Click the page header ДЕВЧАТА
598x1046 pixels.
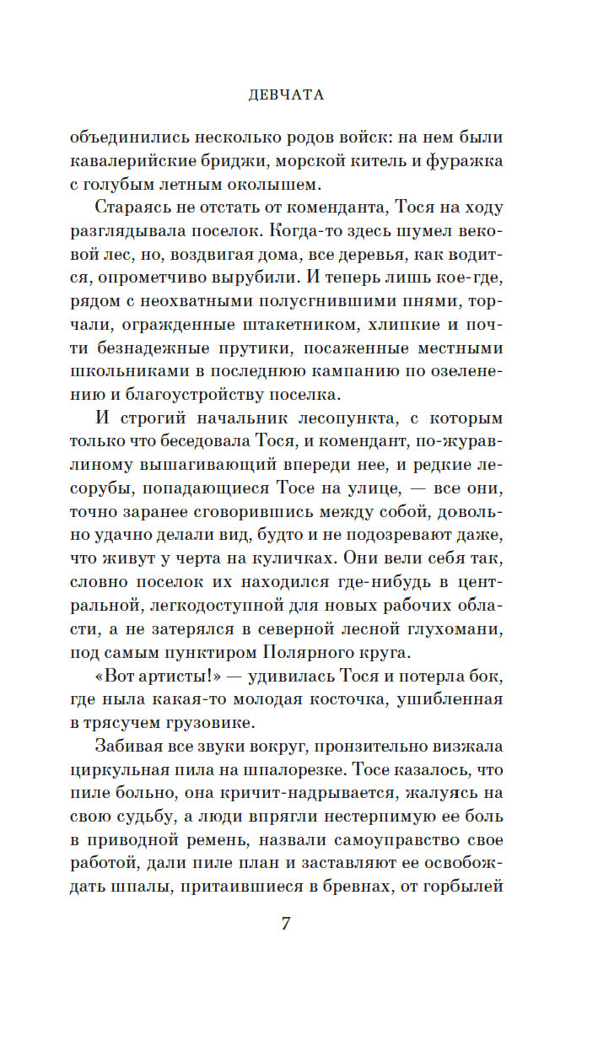(x=287, y=95)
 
